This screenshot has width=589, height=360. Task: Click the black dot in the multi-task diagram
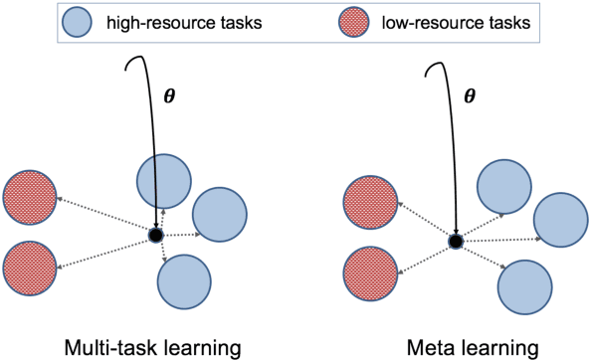pyautogui.click(x=154, y=235)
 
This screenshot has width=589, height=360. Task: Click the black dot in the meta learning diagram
pyautogui.click(x=456, y=241)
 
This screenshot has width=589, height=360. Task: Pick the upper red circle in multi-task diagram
pyautogui.click(x=29, y=195)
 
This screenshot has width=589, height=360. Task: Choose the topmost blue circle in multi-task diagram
pyautogui.click(x=162, y=181)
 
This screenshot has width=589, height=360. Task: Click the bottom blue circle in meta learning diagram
pyautogui.click(x=524, y=287)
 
